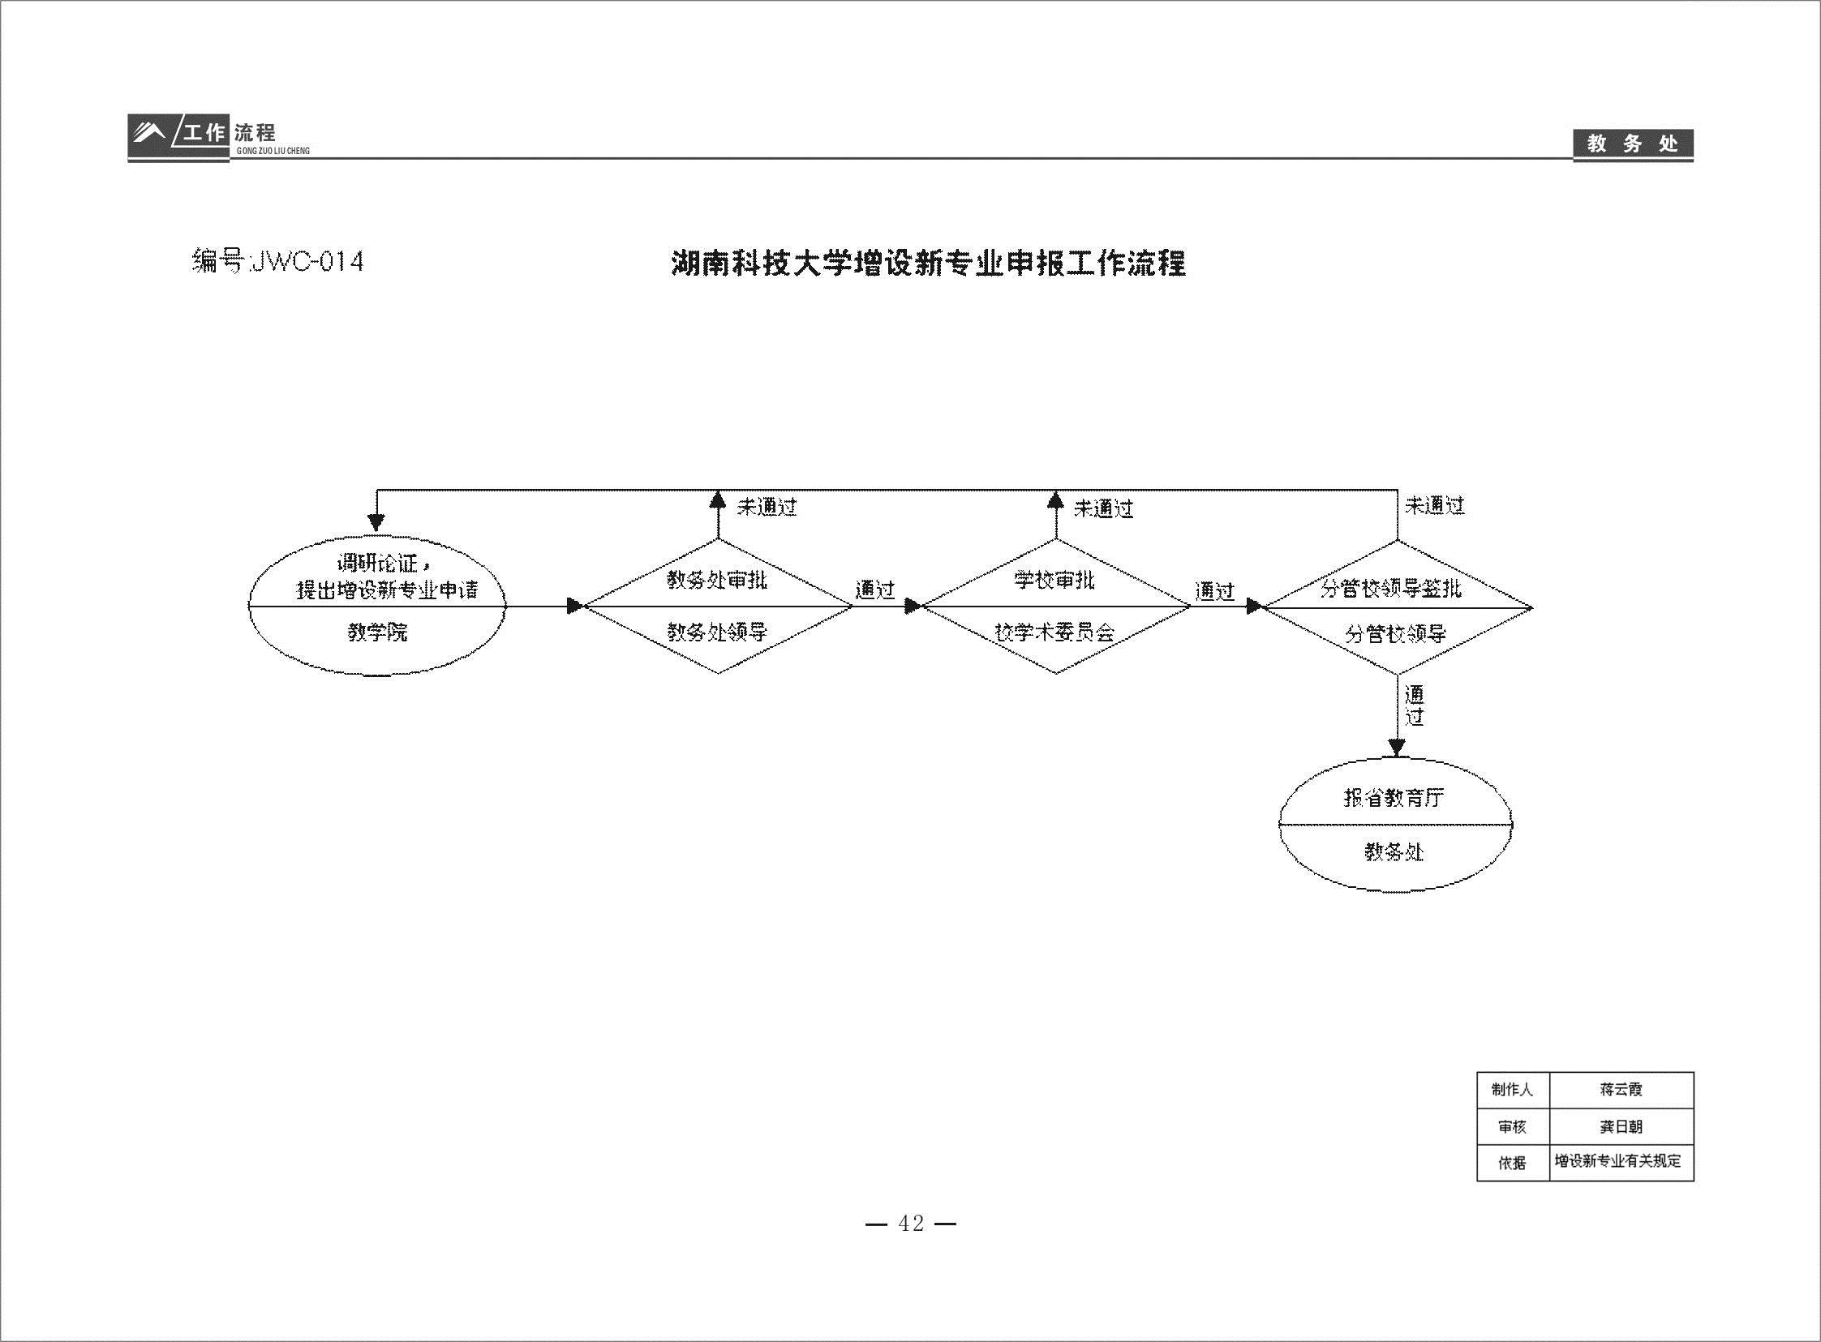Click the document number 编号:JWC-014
pos(277,262)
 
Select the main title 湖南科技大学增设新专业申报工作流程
pos(929,264)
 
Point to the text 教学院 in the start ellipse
pos(378,632)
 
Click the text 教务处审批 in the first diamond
pos(718,580)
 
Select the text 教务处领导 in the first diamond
pos(718,632)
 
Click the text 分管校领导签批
pos(1391,589)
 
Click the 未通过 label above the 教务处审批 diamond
pos(767,508)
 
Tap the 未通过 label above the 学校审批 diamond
pos(1104,509)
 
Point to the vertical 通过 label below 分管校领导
pos(1415,705)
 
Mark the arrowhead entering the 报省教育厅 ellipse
pos(1396,748)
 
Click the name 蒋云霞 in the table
pos(1621,1090)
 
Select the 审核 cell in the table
pos(1512,1127)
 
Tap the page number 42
pos(911,1224)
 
